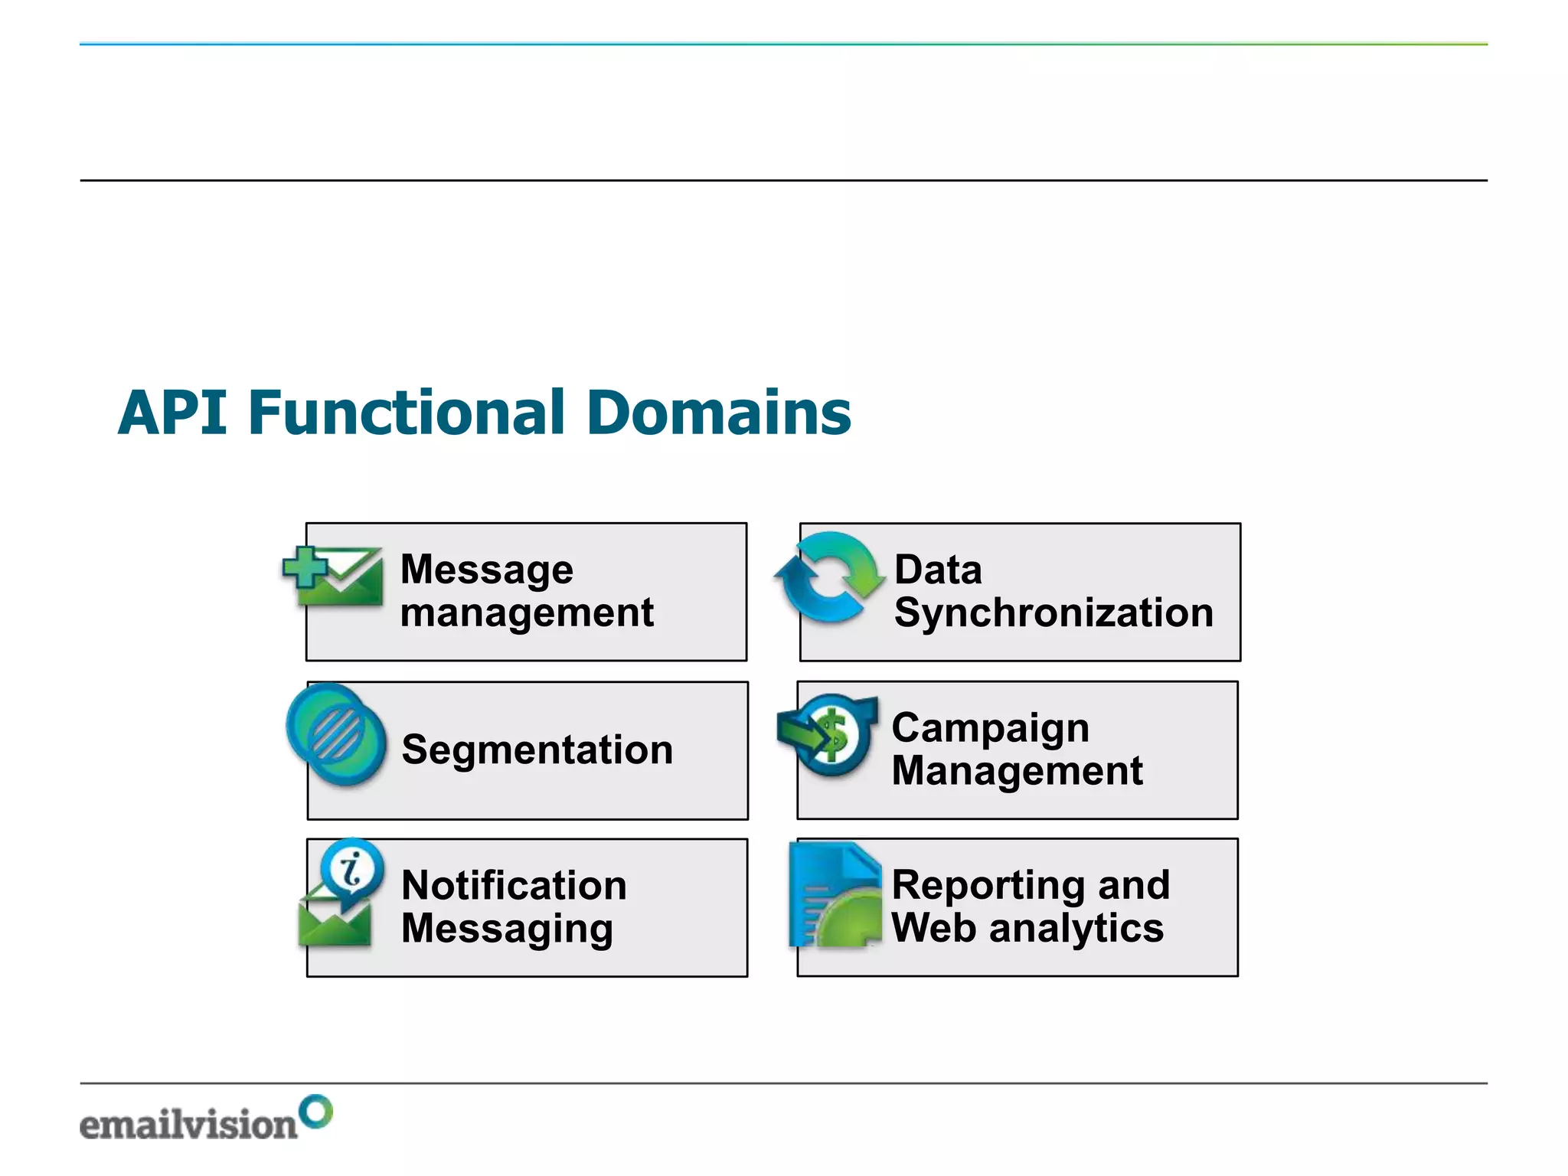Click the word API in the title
click(x=173, y=413)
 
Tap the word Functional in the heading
click(x=407, y=413)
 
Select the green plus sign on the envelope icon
click(x=304, y=567)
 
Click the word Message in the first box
click(x=487, y=570)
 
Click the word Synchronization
click(x=1053, y=613)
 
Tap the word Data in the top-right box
click(x=938, y=570)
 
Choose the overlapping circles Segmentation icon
click(x=337, y=733)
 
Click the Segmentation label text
click(x=537, y=750)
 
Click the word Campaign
click(x=990, y=727)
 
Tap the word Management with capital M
click(x=1017, y=770)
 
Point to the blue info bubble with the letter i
click(x=352, y=871)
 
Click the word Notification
click(x=514, y=886)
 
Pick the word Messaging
click(x=507, y=929)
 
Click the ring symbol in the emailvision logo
click(x=316, y=1112)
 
